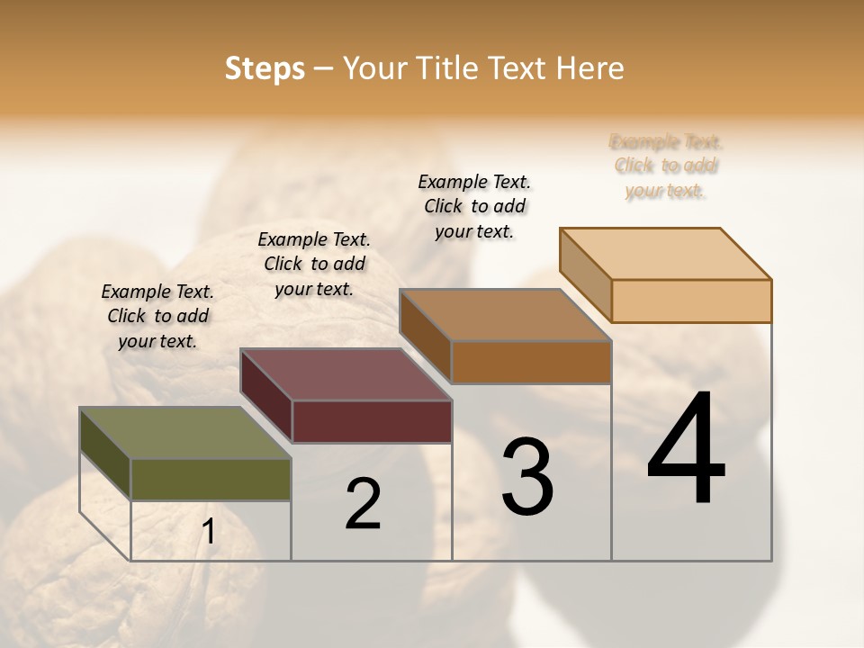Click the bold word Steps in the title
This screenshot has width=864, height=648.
[265, 68]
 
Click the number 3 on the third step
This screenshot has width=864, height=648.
[527, 476]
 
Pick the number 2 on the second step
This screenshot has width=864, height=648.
[363, 504]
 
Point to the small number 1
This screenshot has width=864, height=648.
[208, 532]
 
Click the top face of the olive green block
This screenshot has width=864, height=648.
[185, 433]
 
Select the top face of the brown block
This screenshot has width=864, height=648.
[505, 315]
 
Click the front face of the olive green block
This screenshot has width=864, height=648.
[211, 479]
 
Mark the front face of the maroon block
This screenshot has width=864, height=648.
[372, 421]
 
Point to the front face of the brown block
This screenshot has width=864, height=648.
[531, 362]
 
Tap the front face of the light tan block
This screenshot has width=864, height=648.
[691, 301]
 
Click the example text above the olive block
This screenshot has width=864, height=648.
[157, 316]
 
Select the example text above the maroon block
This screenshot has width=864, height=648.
[314, 264]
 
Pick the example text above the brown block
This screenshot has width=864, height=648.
[474, 206]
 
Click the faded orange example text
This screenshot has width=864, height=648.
[666, 166]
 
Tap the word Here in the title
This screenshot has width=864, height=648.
[593, 68]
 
